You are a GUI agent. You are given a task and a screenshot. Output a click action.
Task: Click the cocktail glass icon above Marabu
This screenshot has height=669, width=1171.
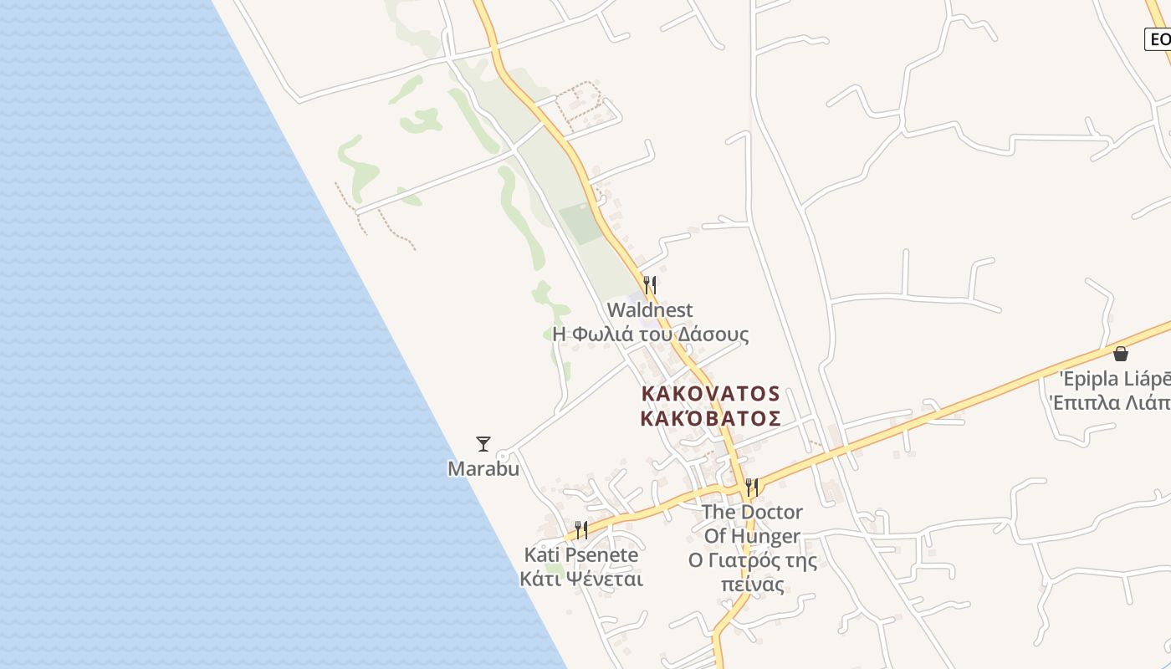[x=483, y=444]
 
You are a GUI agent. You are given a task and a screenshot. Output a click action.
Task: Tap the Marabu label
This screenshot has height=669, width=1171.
[x=483, y=468]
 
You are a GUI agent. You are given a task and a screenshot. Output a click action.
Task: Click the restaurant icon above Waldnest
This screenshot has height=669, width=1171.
[x=649, y=284]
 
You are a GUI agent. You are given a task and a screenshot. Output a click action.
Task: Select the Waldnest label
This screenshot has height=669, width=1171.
[x=650, y=310]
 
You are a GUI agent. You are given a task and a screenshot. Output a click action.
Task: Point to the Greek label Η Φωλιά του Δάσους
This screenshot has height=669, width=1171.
[x=651, y=334]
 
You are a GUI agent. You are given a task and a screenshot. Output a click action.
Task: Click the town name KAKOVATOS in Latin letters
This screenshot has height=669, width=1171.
[x=710, y=393]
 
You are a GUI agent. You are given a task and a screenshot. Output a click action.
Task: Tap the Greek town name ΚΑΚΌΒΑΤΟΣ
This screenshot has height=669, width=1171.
[x=710, y=417]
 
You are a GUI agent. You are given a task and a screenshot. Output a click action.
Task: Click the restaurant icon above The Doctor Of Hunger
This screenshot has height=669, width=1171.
[x=752, y=487]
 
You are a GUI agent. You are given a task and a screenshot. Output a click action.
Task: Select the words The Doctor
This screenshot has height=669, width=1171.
[x=752, y=512]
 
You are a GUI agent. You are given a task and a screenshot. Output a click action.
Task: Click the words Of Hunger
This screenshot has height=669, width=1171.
[x=752, y=536]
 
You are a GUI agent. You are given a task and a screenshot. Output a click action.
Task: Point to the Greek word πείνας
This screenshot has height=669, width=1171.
[x=752, y=584]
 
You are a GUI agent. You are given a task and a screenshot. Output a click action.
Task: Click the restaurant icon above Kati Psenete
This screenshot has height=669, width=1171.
[x=580, y=529]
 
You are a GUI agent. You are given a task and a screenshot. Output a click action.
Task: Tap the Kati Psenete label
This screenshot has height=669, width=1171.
[x=581, y=554]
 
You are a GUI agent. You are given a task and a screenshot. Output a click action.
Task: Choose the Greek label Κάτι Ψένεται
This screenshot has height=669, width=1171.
[x=581, y=579]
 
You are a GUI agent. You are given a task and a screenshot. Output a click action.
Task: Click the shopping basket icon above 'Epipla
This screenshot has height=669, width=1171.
[x=1121, y=354]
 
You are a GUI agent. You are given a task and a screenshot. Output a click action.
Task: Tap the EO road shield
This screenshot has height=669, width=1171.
[x=1159, y=38]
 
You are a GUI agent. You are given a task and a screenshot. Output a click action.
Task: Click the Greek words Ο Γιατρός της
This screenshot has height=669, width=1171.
[x=752, y=560]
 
